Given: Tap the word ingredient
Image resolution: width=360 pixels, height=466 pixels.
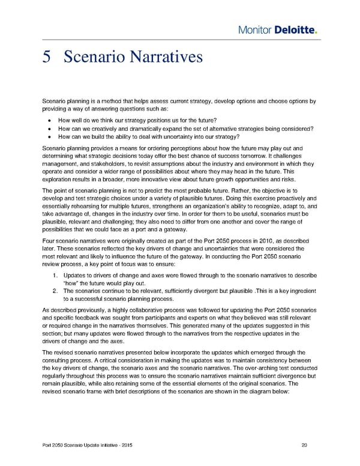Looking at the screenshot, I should pos(299,292).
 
